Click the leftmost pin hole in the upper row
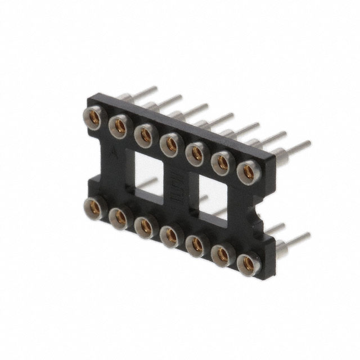tap(95, 115)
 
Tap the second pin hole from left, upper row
tap(120, 124)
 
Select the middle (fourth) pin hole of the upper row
tap(170, 143)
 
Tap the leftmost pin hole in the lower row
tap(94, 205)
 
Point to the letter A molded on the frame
tap(115, 151)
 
